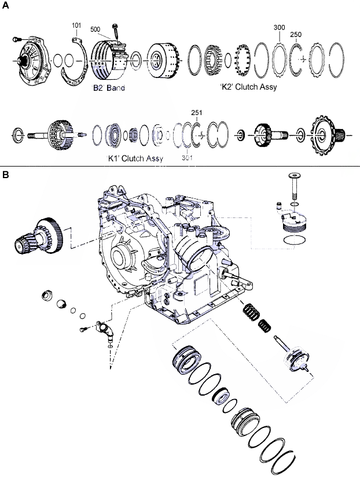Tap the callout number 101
76,25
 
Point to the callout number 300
280,27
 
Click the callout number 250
296,35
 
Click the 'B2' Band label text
109,88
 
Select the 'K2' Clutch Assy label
248,87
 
